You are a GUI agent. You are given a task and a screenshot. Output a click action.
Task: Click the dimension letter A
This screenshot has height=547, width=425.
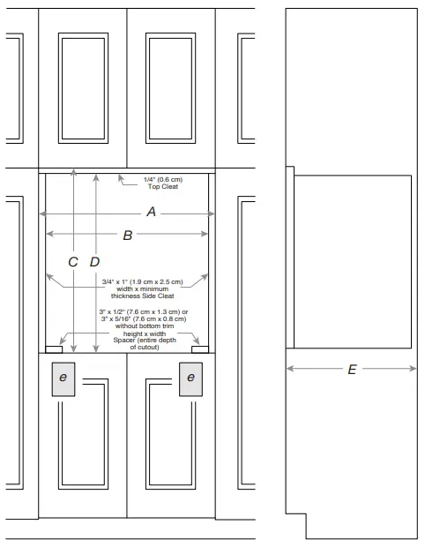point(151,212)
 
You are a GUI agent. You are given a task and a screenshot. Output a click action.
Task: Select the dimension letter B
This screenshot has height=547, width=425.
point(128,236)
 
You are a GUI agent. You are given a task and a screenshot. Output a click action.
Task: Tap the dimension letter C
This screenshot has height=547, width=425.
point(73,262)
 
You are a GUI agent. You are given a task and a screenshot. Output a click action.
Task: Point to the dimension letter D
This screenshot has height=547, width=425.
point(94,262)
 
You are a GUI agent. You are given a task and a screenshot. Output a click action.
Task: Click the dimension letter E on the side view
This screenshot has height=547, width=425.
point(352,370)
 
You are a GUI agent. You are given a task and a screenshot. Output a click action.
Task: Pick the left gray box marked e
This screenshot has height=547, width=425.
point(63,379)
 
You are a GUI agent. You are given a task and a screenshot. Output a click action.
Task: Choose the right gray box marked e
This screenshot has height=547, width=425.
point(190,379)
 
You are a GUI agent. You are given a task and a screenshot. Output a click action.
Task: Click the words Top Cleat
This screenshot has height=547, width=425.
point(163,187)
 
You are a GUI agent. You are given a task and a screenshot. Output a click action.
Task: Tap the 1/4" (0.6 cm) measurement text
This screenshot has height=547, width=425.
point(163,180)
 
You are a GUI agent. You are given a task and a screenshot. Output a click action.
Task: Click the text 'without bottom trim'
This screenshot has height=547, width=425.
point(145,326)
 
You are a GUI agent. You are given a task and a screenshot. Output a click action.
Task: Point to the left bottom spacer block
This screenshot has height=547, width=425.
point(54,349)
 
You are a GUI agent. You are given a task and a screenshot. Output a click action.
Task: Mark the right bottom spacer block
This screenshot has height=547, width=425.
point(200,349)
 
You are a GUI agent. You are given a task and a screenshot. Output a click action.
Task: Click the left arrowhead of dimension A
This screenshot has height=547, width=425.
point(42,214)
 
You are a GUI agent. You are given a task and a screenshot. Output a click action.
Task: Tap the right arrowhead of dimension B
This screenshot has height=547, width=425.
point(205,234)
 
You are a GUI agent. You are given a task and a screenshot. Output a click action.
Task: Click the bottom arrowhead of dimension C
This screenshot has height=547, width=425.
point(73,348)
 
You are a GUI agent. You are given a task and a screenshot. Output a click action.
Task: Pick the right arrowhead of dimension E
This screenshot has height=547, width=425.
point(413,369)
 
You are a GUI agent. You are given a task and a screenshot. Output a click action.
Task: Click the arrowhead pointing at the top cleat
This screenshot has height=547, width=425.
point(121,178)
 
